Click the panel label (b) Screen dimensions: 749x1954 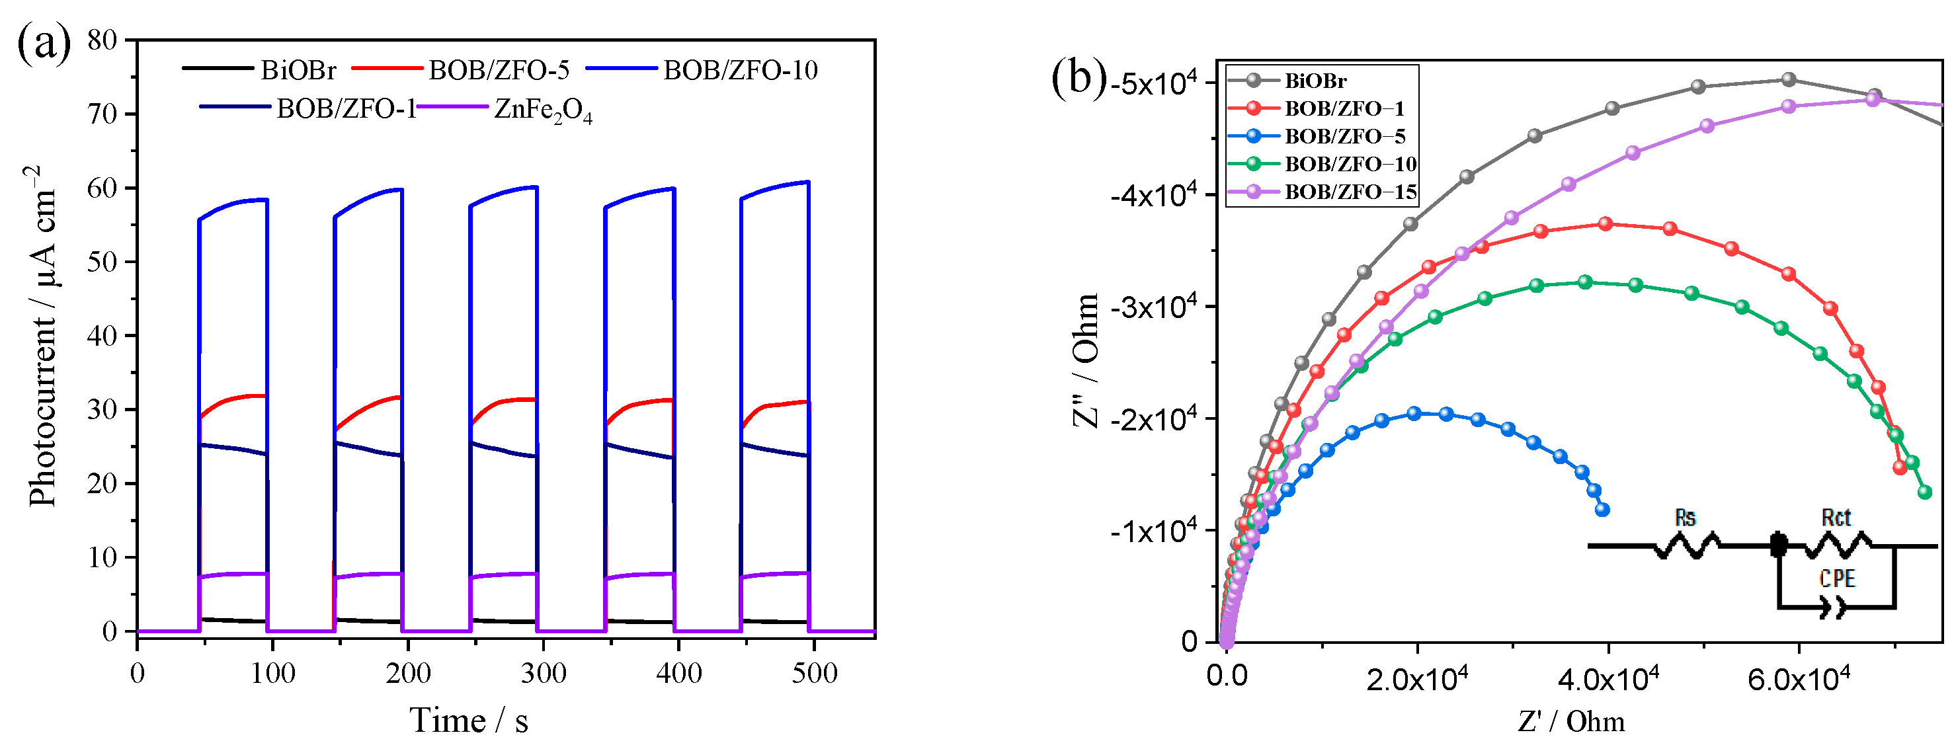(1079, 77)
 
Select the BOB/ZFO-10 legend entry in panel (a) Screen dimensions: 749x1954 (739, 71)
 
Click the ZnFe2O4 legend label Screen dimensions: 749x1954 (542, 110)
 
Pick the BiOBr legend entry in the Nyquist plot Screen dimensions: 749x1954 (1315, 81)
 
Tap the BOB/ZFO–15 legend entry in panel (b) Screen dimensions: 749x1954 (1350, 192)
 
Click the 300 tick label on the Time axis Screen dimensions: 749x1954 (543, 673)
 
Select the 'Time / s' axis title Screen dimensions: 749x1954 (469, 720)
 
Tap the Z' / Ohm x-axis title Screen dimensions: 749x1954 (1571, 721)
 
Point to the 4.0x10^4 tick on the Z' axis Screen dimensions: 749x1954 (1608, 679)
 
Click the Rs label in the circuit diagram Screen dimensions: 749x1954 (1684, 518)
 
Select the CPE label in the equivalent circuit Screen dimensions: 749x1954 (1836, 579)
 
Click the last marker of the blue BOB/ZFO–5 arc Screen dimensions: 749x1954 (1602, 510)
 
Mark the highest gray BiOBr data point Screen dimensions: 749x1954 (1789, 79)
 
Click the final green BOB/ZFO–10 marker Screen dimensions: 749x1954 (1924, 493)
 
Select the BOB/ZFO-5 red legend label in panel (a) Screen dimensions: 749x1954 (499, 71)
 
